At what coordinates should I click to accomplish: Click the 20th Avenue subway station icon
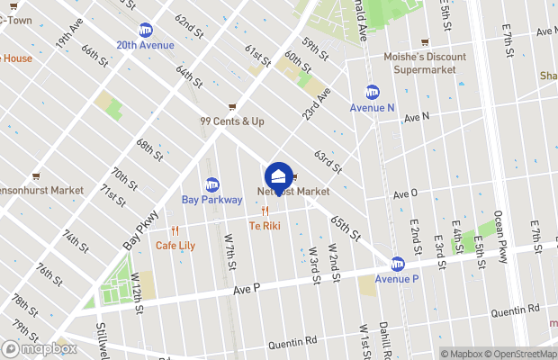click(x=145, y=30)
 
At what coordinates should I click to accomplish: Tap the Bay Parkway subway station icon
click(x=212, y=184)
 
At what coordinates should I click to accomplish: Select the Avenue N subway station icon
click(x=373, y=92)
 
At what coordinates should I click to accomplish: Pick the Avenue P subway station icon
click(x=397, y=264)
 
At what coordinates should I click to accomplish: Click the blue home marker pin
click(x=279, y=177)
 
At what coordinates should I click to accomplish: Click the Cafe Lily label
click(x=175, y=245)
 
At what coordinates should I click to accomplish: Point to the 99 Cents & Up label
click(x=232, y=121)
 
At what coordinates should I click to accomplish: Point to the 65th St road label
click(x=345, y=228)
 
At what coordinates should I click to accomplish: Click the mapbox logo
click(x=40, y=348)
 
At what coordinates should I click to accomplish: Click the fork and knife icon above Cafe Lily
click(x=175, y=230)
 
